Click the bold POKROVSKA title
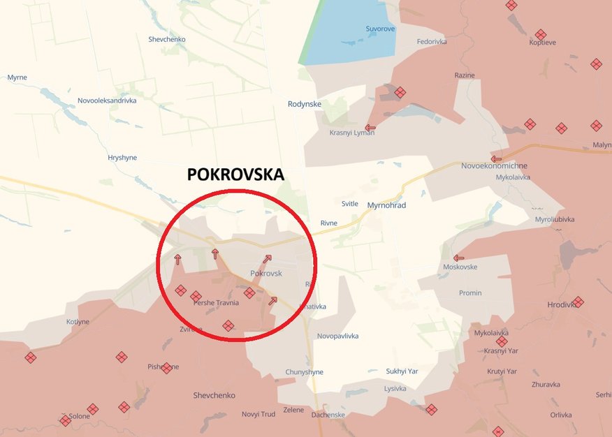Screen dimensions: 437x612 pyautogui.click(x=235, y=175)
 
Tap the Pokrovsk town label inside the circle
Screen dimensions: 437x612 pyautogui.click(x=266, y=274)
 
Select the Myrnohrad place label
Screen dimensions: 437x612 pyautogui.click(x=386, y=205)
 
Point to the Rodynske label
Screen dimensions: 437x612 pyautogui.click(x=305, y=104)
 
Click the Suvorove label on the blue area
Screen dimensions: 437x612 pyautogui.click(x=380, y=29)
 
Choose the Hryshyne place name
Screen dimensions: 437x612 pyautogui.click(x=122, y=158)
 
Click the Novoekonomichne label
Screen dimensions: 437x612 pyautogui.click(x=494, y=166)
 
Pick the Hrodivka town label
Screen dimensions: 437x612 pyautogui.click(x=562, y=304)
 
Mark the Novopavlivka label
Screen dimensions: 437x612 pyautogui.click(x=337, y=336)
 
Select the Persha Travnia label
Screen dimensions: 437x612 pyautogui.click(x=217, y=303)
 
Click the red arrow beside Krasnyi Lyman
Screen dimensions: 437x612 pyautogui.click(x=370, y=128)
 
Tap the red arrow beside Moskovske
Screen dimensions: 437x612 pyautogui.click(x=458, y=258)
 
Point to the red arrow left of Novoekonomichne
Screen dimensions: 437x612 pyautogui.click(x=496, y=158)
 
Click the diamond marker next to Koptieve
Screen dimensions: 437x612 pyautogui.click(x=541, y=34)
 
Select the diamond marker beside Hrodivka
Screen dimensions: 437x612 pyautogui.click(x=578, y=302)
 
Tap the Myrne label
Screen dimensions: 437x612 pyautogui.click(x=17, y=77)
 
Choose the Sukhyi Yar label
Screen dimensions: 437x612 pyautogui.click(x=402, y=371)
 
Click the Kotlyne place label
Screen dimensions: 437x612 pyautogui.click(x=78, y=322)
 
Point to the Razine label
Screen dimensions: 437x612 pyautogui.click(x=465, y=75)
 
